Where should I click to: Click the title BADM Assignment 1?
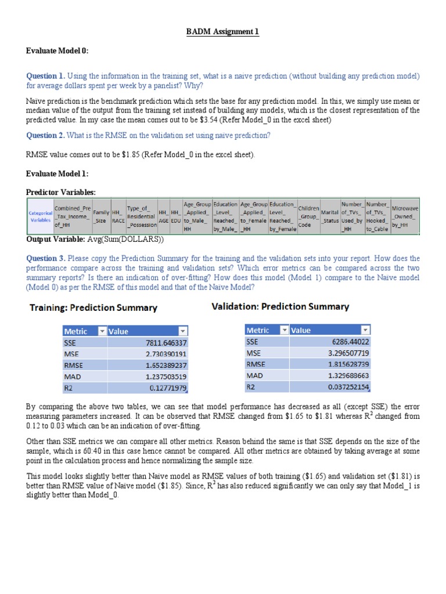(222, 32)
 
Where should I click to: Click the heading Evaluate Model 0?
(57, 51)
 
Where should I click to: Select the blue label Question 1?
(46, 76)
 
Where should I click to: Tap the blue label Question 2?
(46, 135)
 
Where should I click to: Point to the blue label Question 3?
(46, 258)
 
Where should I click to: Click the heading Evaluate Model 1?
(57, 173)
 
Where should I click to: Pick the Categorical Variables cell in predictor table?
(39, 216)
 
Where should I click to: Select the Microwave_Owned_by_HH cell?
(404, 216)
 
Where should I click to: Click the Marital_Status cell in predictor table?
(330, 216)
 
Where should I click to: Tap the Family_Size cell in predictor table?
(100, 216)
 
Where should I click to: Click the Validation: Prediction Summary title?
(280, 306)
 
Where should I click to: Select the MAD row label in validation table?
(255, 375)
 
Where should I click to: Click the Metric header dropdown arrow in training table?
(102, 331)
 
